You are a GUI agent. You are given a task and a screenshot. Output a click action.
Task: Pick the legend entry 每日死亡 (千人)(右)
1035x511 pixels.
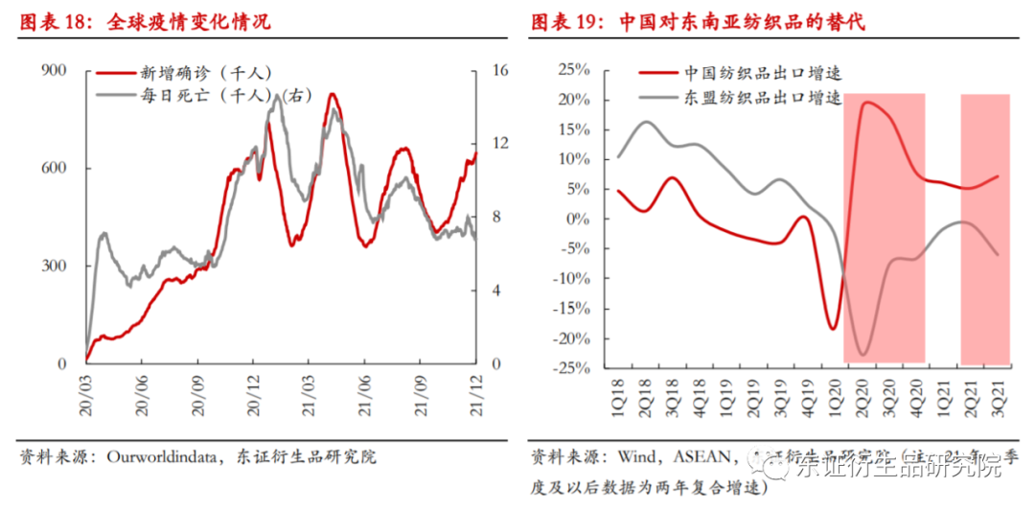tap(200, 95)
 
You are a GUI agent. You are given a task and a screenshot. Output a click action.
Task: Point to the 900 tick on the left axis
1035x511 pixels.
tap(55, 70)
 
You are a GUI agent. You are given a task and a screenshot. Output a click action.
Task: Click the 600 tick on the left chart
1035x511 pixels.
tap(55, 168)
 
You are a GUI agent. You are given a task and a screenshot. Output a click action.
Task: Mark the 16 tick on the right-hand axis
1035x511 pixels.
tap(498, 70)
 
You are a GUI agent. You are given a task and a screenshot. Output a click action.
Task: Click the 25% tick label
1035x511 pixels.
tap(573, 70)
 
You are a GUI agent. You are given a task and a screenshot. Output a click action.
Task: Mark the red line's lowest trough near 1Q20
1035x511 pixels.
tap(833, 329)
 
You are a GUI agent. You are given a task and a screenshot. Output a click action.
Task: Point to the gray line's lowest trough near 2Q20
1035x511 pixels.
tap(863, 355)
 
